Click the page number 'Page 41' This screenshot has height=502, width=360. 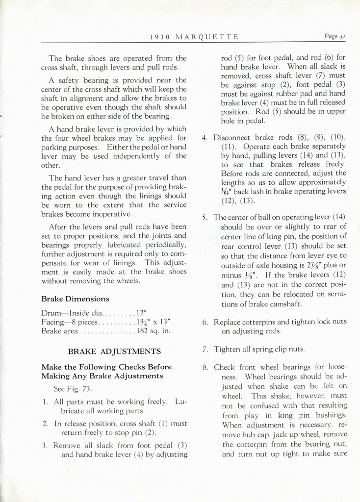tap(335, 36)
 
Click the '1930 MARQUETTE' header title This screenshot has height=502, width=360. tap(194, 37)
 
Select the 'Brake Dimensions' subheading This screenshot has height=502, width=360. tap(75, 299)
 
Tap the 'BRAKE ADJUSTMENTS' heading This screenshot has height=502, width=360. tap(114, 351)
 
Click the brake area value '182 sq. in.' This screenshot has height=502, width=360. tap(153, 331)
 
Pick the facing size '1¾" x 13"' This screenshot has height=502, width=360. tap(153, 322)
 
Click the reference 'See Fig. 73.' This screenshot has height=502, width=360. tap(73, 388)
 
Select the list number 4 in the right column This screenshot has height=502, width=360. tap(205, 137)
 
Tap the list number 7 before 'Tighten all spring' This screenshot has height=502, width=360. tap(205, 349)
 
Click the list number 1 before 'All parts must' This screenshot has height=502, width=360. tap(45, 402)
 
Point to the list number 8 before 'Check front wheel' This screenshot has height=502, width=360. tap(205, 367)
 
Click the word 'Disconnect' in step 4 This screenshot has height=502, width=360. tap(232, 137)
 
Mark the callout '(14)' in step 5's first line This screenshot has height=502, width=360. tap(338, 217)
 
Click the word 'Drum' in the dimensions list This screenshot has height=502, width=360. tap(51, 312)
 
